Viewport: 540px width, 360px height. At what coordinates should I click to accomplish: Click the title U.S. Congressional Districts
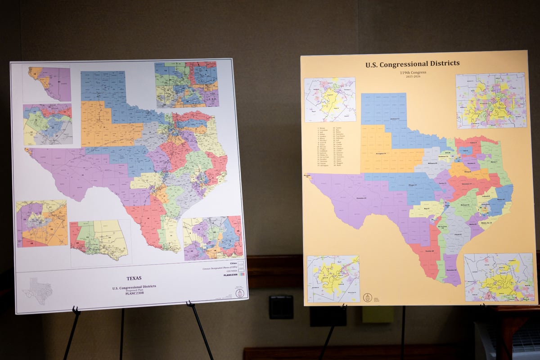tap(412, 64)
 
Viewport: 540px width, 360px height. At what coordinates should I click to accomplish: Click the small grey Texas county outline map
tap(37, 291)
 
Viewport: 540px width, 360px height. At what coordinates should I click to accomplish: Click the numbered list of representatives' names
tap(332, 146)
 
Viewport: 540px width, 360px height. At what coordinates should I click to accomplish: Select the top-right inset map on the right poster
tap(490, 101)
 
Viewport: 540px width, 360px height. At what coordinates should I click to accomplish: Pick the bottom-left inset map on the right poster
tap(333, 279)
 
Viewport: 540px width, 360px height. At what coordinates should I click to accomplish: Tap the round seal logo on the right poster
tap(368, 298)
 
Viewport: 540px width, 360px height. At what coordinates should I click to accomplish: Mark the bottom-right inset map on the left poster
tap(212, 238)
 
